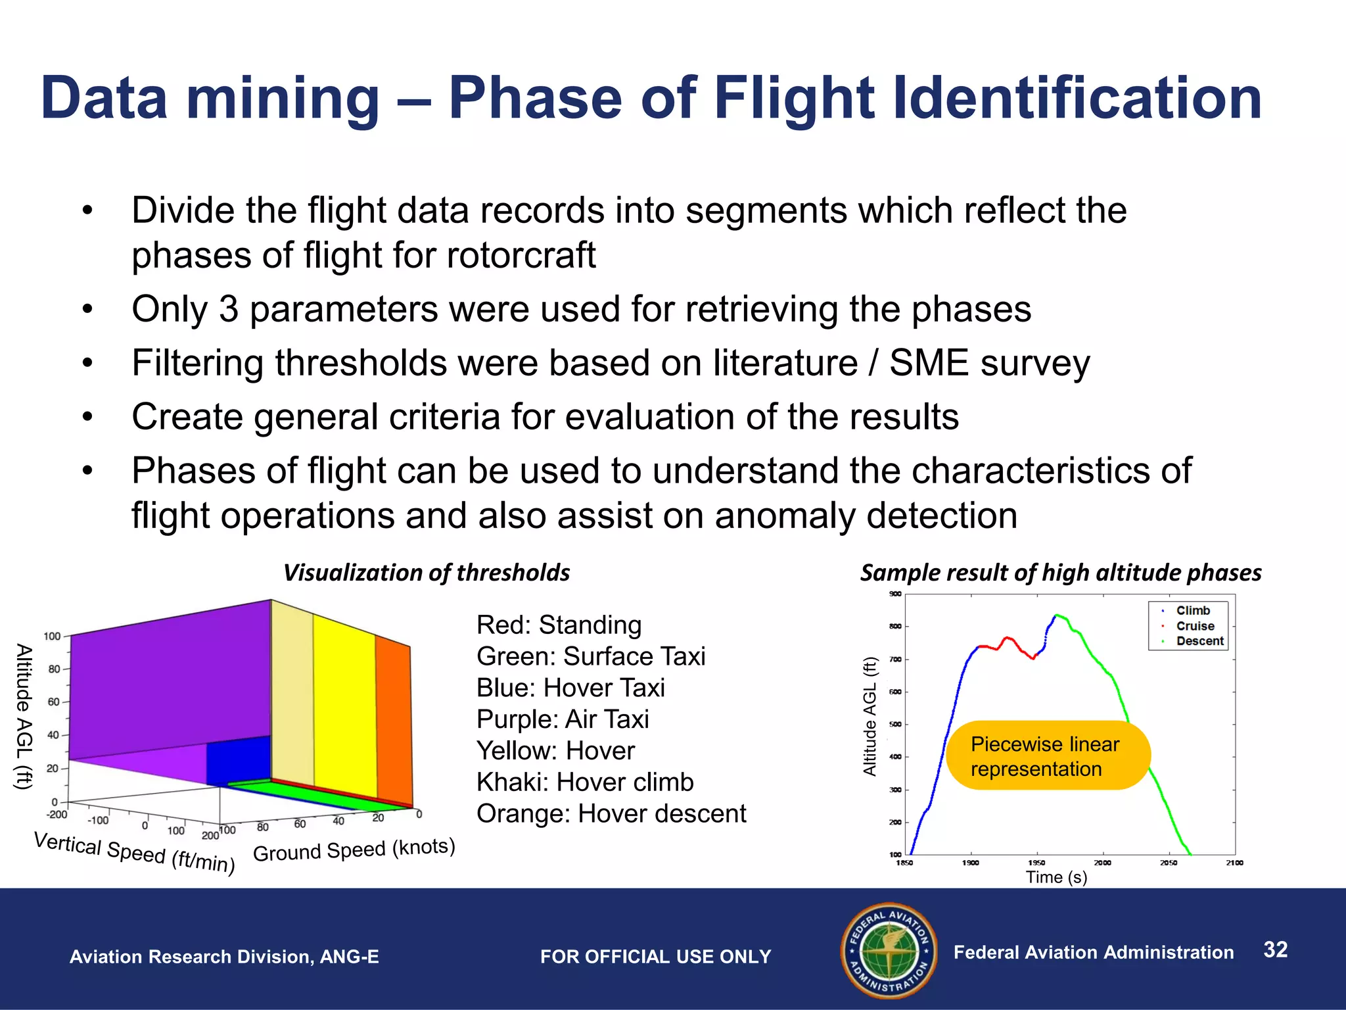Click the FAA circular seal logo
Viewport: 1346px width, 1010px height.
point(889,951)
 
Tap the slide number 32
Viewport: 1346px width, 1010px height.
point(1275,950)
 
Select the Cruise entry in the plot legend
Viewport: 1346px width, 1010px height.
point(1194,626)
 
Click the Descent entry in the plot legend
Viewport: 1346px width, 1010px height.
point(1199,641)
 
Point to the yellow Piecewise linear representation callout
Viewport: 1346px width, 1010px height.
point(1048,756)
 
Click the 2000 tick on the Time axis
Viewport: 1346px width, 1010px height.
point(1102,863)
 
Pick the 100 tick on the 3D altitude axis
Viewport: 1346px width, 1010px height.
point(52,637)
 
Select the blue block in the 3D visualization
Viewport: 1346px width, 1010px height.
point(238,760)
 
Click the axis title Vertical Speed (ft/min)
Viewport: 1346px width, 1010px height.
point(134,852)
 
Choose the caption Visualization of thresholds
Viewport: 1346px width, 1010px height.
point(426,573)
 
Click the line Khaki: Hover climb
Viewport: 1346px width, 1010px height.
point(584,782)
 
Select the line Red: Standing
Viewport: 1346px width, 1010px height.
point(558,625)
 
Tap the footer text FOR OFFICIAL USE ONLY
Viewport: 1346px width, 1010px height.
point(655,957)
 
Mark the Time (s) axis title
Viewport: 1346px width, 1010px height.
point(1056,877)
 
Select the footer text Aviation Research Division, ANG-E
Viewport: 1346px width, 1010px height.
point(224,957)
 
